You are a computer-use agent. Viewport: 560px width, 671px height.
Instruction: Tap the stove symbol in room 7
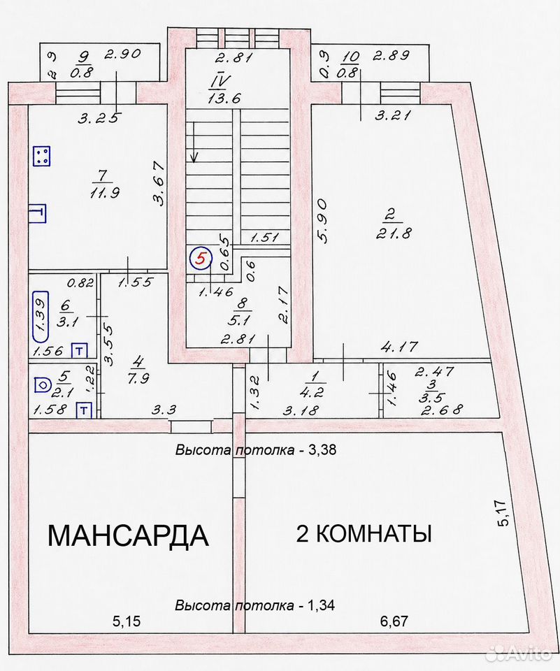[x=42, y=156]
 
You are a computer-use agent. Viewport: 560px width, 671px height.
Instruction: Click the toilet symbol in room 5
[x=42, y=384]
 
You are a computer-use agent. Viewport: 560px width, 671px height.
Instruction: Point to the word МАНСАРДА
[x=128, y=535]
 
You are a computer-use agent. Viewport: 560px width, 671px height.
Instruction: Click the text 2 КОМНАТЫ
[x=364, y=533]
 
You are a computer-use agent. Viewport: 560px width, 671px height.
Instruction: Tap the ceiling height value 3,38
[x=322, y=449]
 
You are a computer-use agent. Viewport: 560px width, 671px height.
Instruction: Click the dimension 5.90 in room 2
[x=323, y=220]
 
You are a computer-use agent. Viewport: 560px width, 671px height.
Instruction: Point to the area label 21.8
[x=393, y=233]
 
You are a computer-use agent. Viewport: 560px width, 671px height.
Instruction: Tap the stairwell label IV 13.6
[x=224, y=89]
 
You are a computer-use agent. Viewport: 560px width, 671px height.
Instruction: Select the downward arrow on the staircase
[x=194, y=142]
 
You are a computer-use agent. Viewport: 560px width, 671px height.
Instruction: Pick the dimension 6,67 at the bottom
[x=394, y=621]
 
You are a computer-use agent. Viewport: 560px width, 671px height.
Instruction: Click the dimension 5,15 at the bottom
[x=127, y=621]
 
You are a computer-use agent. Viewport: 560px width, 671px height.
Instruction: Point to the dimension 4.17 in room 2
[x=399, y=346]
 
